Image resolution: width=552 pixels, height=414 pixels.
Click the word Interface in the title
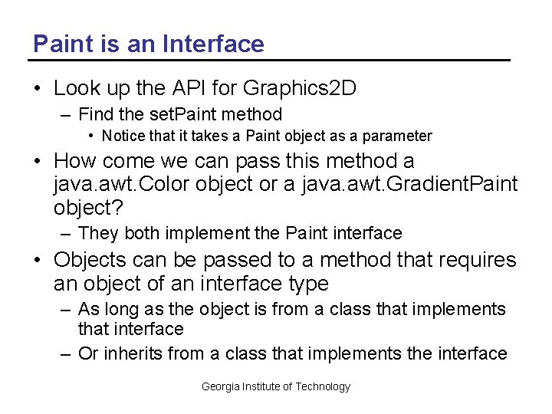click(x=215, y=44)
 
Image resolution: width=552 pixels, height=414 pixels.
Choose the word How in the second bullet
click(x=75, y=161)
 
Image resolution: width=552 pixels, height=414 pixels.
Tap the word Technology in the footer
click(x=323, y=386)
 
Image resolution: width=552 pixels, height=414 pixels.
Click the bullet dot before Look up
click(x=38, y=89)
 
